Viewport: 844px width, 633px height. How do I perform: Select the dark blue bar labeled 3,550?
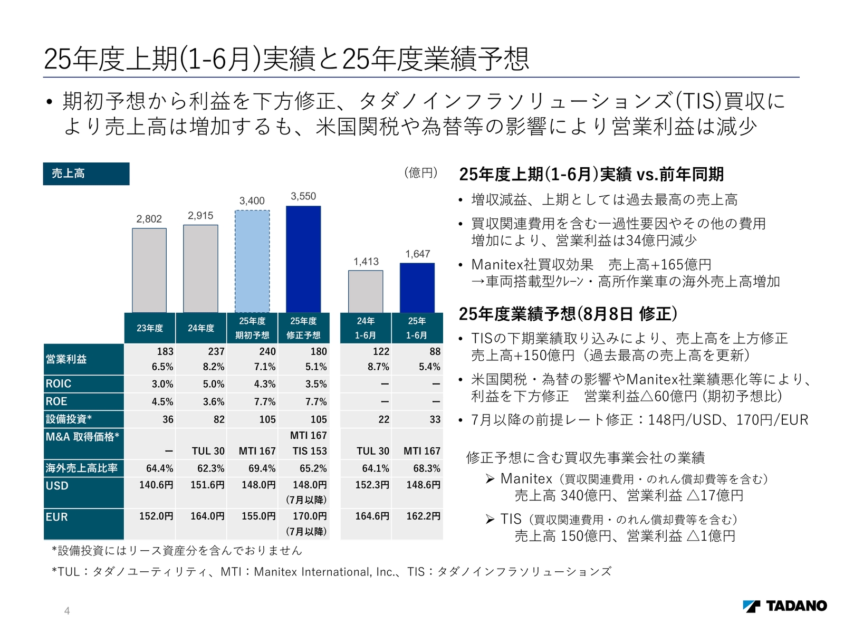(303, 259)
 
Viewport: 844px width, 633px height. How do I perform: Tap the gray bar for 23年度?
(149, 270)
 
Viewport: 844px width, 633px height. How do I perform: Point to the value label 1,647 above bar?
(418, 254)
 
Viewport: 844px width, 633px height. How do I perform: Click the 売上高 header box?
(86, 174)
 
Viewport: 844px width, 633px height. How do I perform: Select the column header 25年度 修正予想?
(303, 328)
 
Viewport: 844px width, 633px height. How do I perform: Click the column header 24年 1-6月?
(366, 328)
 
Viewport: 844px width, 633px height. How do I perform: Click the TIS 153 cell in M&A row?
(310, 451)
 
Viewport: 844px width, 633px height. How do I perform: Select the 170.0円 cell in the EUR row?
(310, 516)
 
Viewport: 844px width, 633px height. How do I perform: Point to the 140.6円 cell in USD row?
(156, 485)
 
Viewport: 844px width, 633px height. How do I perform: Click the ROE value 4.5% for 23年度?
(162, 401)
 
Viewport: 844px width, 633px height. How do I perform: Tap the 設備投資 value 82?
(219, 419)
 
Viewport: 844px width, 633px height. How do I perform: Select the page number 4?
(67, 611)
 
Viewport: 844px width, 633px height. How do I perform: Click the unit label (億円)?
(421, 172)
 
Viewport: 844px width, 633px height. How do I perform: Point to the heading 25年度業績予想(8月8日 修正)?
(568, 314)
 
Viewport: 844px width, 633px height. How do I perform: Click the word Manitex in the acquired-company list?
(526, 478)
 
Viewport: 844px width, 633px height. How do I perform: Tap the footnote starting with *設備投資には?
(177, 551)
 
